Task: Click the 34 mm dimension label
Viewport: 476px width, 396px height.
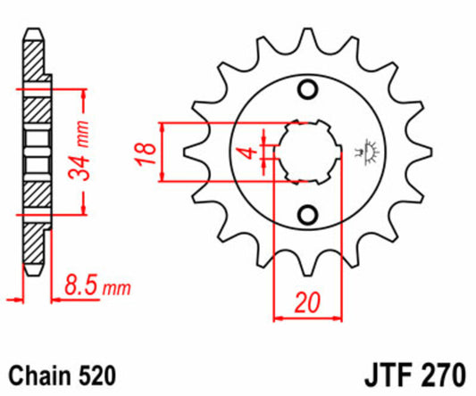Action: [x=79, y=151]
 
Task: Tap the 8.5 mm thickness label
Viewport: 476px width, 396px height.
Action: [x=97, y=285]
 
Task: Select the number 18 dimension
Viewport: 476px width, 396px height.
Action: [x=146, y=153]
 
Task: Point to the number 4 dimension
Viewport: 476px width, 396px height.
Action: [x=250, y=153]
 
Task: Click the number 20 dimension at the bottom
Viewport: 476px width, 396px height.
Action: [x=307, y=302]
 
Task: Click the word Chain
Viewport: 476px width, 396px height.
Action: [x=40, y=375]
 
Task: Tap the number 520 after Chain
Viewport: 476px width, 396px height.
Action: [x=97, y=375]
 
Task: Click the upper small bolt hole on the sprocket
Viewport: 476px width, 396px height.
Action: [x=308, y=89]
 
